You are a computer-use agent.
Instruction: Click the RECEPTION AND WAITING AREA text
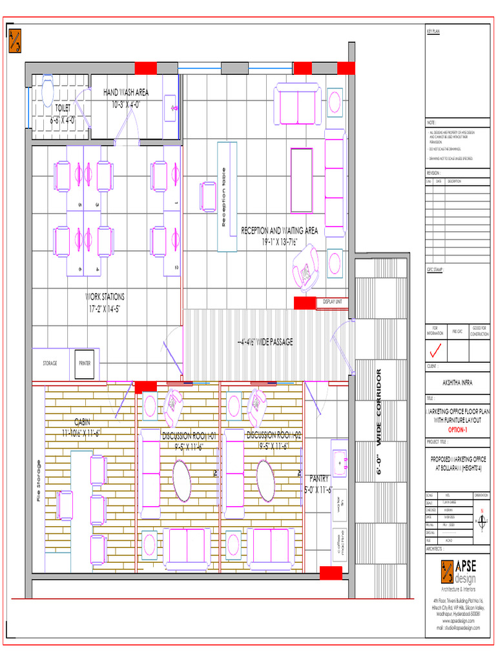(x=279, y=230)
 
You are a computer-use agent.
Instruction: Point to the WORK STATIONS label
(x=106, y=297)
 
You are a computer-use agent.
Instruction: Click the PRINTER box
(x=85, y=363)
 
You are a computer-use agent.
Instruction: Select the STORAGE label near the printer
(x=50, y=363)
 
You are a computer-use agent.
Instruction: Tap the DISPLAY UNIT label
(x=333, y=301)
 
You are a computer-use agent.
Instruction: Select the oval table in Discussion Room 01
(x=181, y=479)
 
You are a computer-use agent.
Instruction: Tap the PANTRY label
(x=319, y=478)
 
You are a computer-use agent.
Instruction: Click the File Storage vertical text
(x=39, y=480)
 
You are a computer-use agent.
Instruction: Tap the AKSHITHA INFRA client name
(x=457, y=382)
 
